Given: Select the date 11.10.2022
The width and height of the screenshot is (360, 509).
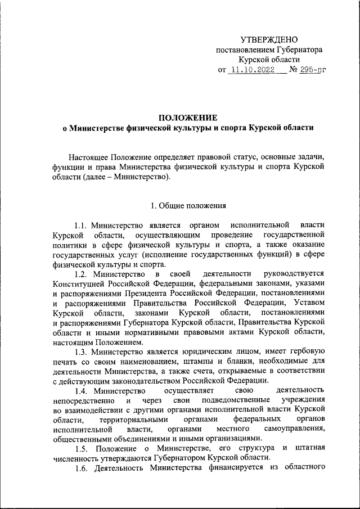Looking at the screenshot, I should (x=254, y=70).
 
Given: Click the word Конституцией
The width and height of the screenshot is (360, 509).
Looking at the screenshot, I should (x=79, y=283).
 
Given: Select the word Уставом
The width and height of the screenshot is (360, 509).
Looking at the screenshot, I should (x=308, y=303).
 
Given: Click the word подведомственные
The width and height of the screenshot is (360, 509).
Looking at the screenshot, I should (x=237, y=399).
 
